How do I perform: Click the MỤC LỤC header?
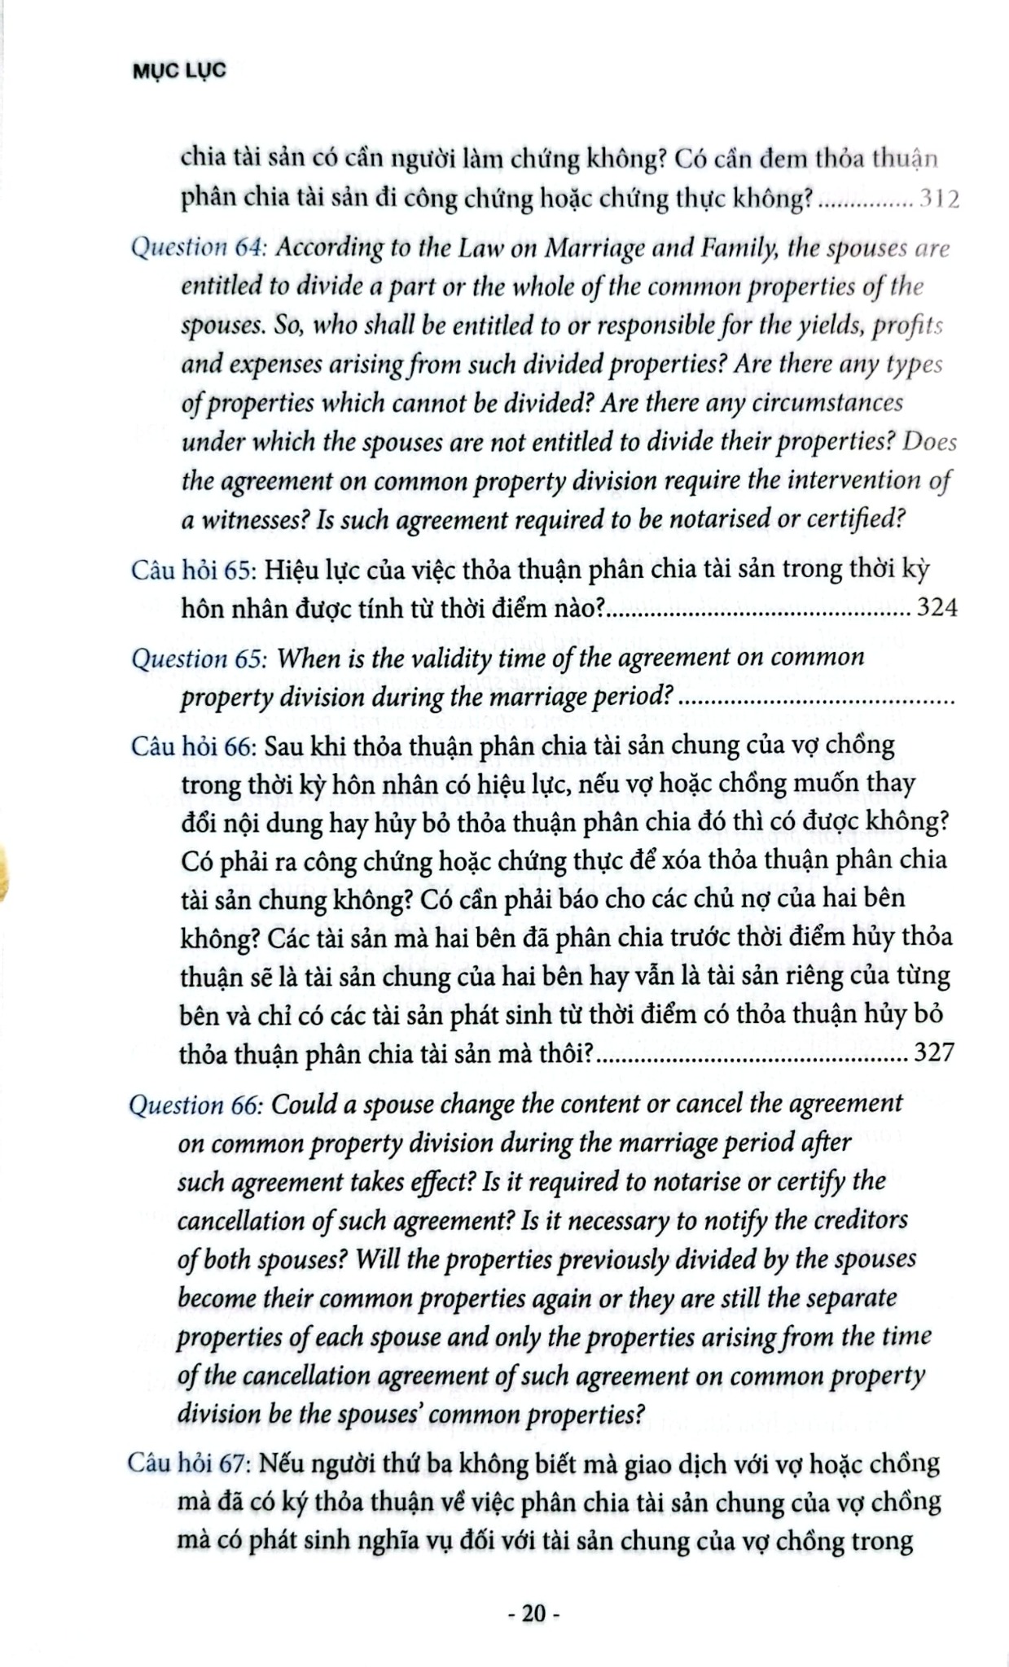179,72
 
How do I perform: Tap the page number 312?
939,199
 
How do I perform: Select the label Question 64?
199,247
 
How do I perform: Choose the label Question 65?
200,658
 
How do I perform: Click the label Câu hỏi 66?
194,746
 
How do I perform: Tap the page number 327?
933,1053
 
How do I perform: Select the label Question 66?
196,1105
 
